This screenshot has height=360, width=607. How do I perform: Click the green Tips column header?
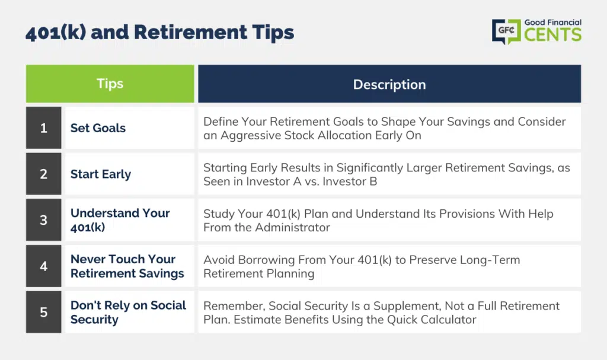(110, 84)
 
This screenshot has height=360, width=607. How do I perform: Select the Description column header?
(389, 84)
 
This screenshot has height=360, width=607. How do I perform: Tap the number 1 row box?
(44, 128)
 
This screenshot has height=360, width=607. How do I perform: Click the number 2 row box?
(44, 174)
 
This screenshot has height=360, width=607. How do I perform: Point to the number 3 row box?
(44, 219)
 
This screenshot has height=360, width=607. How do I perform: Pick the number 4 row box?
(44, 266)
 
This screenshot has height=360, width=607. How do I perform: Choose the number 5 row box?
(44, 312)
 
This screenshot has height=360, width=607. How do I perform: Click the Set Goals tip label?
(98, 128)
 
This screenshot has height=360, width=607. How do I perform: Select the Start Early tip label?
(101, 174)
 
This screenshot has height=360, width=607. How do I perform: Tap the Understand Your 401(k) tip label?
(120, 220)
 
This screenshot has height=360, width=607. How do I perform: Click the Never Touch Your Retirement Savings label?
(127, 266)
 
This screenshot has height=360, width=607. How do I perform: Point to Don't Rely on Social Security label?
(128, 313)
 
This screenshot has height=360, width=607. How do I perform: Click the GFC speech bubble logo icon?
(506, 31)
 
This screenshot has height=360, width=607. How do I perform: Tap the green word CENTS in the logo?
(553, 34)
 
